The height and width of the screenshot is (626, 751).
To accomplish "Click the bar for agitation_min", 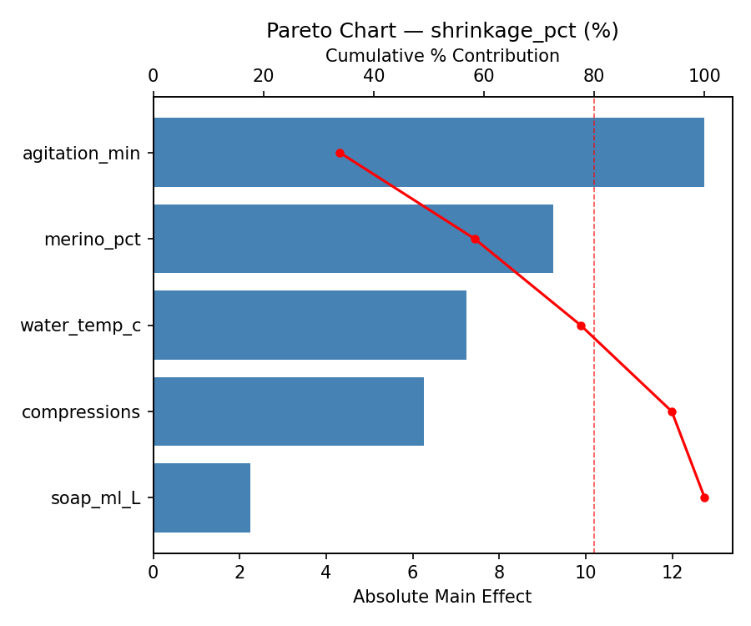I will (428, 153).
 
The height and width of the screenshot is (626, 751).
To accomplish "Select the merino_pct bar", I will (353, 239).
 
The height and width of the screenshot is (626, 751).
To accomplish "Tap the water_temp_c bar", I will (310, 326).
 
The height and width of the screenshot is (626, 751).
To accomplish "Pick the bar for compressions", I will (288, 411).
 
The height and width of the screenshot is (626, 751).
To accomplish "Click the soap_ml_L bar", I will (202, 497).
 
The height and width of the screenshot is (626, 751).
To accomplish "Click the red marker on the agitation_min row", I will (340, 153).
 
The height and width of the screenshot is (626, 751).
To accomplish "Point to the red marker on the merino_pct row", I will (475, 239).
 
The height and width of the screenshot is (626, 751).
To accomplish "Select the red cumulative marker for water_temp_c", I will (581, 326).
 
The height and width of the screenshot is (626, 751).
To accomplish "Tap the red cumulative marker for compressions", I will (672, 411).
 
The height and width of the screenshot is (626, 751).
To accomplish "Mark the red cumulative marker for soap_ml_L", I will (704, 497).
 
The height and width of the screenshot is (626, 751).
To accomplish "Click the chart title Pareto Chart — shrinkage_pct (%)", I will (442, 31).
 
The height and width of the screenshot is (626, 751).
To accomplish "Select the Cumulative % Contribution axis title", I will (442, 56).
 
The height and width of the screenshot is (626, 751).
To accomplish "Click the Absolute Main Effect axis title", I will (442, 597).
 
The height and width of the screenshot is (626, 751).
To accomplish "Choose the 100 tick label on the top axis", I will (704, 76).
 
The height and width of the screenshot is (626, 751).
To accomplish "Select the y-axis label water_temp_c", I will (81, 326).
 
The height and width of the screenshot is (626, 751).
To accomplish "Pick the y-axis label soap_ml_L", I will (95, 498).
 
